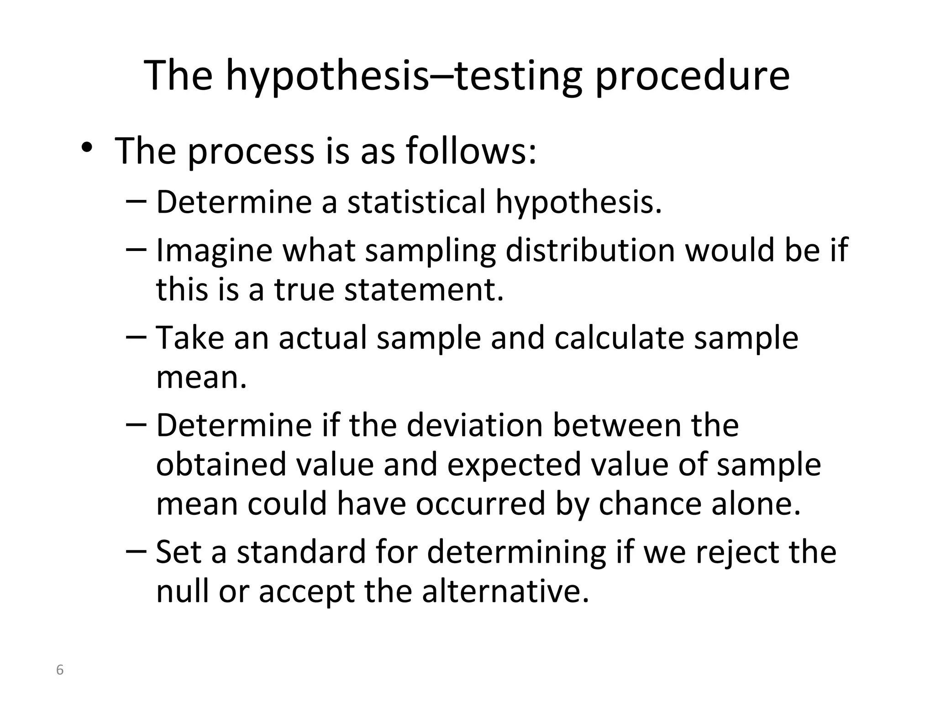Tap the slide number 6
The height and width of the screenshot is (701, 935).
point(59,670)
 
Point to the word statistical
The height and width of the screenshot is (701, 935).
point(416,202)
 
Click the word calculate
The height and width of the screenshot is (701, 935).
point(619,338)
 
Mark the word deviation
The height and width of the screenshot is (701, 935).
point(474,425)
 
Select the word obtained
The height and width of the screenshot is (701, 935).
point(221,465)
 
